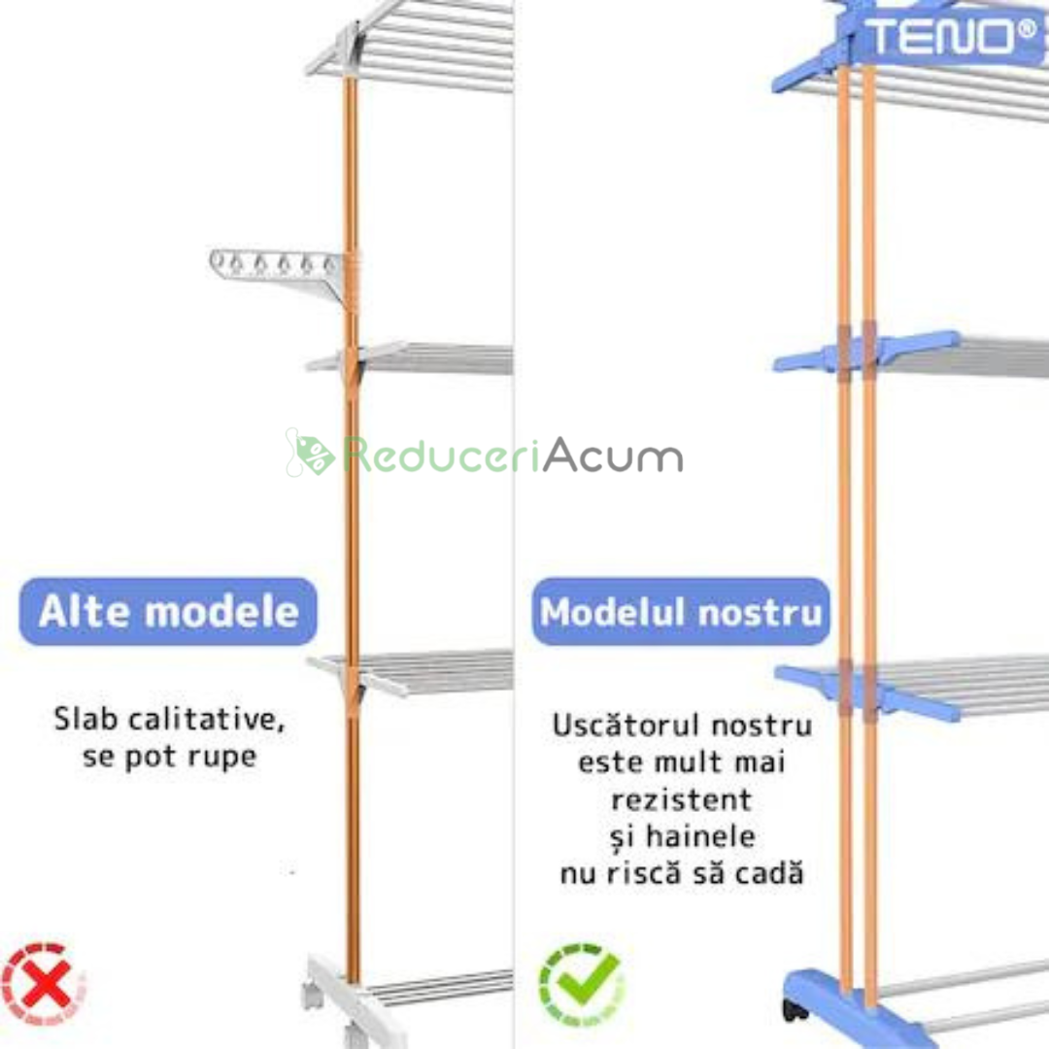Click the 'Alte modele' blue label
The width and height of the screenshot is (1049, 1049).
pyautogui.click(x=168, y=612)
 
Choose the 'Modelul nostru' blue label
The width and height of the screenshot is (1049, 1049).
pyautogui.click(x=681, y=612)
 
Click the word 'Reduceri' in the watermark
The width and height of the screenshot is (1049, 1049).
pyautogui.click(x=441, y=456)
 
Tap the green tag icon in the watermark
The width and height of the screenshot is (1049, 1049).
pyautogui.click(x=312, y=454)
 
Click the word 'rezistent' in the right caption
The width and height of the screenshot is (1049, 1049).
pyautogui.click(x=681, y=799)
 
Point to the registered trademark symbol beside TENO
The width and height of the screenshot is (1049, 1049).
pyautogui.click(x=1025, y=29)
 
